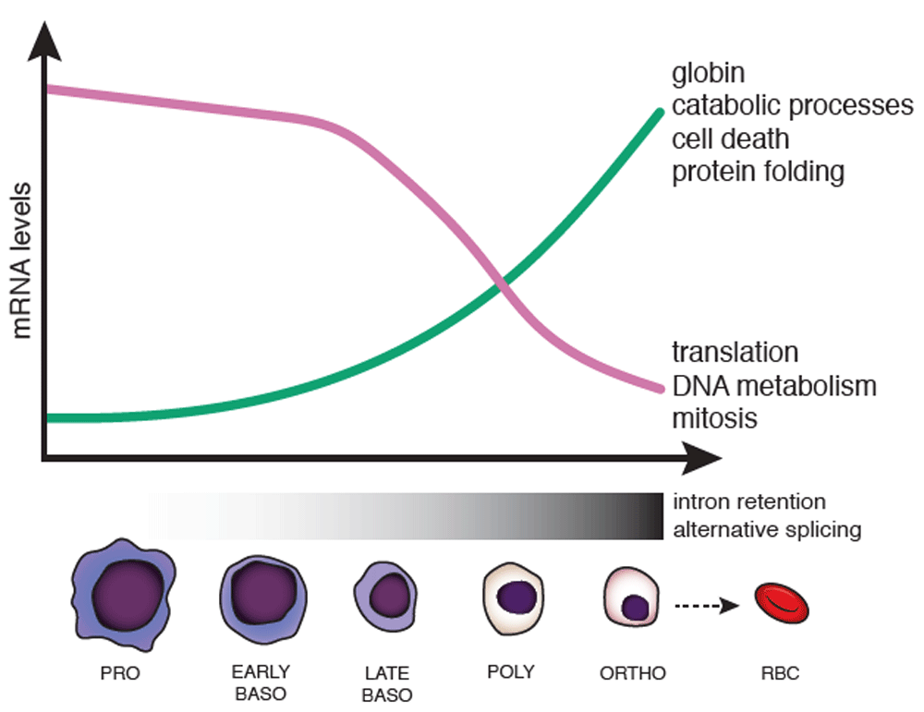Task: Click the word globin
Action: pos(708,74)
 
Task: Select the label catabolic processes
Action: pos(793,106)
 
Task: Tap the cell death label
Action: pos(730,139)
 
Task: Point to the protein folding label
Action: pos(758,173)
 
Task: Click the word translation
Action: pos(735,352)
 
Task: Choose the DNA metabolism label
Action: pos(774,386)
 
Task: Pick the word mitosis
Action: pos(714,418)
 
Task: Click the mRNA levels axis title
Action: pos(21,261)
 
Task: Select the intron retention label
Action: pos(749,501)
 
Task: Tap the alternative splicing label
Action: pos(767,529)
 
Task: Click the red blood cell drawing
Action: pos(782,603)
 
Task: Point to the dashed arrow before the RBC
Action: pos(707,606)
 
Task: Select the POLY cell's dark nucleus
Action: pos(517,597)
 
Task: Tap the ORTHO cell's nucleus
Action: pos(636,607)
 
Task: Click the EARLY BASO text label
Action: pos(261,683)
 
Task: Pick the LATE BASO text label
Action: pos(386,684)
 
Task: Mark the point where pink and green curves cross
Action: pos(500,284)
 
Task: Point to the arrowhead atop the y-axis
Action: pos(44,42)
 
